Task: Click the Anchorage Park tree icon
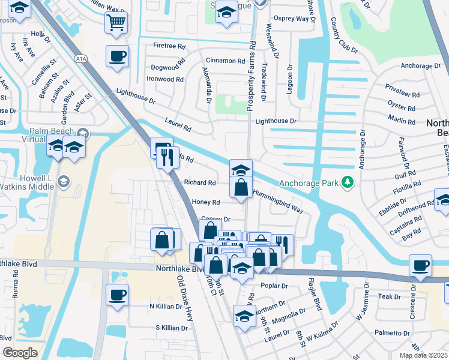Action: pos(346,182)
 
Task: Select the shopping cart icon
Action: pos(116,23)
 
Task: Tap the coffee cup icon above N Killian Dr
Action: pos(117,295)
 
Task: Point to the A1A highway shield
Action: pos(80,58)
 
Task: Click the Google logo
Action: pos(20,352)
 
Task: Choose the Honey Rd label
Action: pos(206,202)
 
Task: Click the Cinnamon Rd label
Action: pos(225,61)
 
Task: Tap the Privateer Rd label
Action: pos(403,94)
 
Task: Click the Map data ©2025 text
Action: pos(423,355)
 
